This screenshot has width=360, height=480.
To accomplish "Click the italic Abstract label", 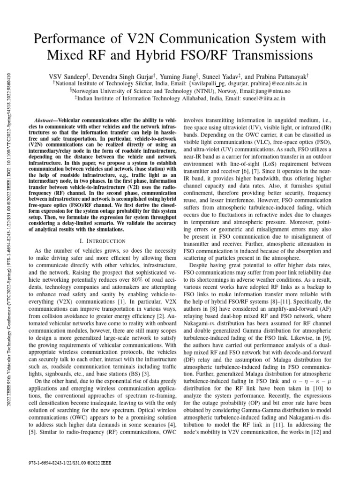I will (x=47, y=121).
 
